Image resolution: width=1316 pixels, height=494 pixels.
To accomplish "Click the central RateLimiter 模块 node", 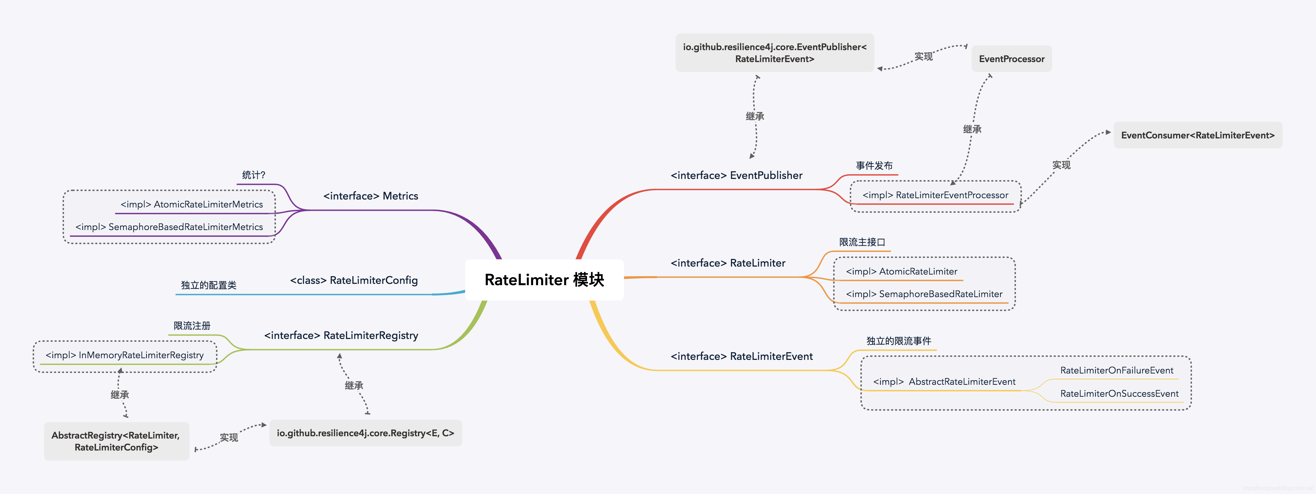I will point(544,280).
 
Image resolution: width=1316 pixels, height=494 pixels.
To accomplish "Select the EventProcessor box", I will point(1011,59).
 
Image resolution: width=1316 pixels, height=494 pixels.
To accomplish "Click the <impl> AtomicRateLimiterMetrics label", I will point(192,205).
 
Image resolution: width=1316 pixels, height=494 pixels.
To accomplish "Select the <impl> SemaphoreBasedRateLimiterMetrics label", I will point(169,227).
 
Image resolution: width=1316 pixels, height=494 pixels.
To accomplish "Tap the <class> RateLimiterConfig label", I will point(353,281).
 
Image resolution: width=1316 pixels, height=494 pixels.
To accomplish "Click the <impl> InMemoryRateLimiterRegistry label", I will point(125,355).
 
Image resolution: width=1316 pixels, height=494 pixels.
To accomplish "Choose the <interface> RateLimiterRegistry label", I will point(341,336).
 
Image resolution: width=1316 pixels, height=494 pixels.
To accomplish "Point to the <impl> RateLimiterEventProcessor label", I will point(935,195).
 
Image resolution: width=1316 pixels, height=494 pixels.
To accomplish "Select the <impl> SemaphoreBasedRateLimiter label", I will point(924,294).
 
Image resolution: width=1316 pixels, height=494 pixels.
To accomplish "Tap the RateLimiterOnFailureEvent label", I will point(1116,370).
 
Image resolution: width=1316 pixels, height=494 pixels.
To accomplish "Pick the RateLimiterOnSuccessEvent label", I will point(1119,394).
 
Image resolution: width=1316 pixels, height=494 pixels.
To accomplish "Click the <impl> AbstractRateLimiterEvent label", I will point(944,381).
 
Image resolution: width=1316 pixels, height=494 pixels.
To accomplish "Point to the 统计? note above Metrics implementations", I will point(253,175).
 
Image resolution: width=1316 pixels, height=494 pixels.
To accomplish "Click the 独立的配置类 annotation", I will point(209,285).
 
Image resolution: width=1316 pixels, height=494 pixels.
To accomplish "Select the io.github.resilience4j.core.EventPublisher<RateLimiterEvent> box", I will point(775,52).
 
